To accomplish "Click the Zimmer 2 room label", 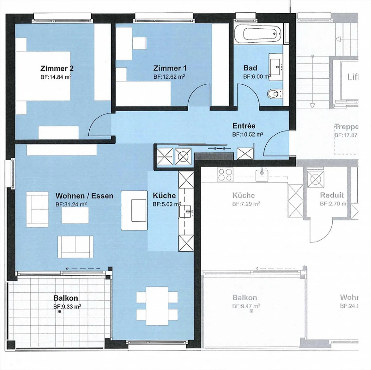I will pos(57,68).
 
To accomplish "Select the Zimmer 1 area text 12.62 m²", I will pos(169,77).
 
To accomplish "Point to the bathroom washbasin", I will pos(276,67).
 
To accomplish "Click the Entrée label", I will pos(244,126).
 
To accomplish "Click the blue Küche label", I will pos(164,195).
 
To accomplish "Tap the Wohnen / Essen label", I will pos(84,196).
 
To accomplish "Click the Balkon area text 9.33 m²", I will pos(67,307).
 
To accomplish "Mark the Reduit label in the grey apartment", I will pos(332,195).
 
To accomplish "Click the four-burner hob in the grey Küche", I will pos(225,175).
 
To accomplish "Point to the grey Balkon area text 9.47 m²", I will pos(246,306).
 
